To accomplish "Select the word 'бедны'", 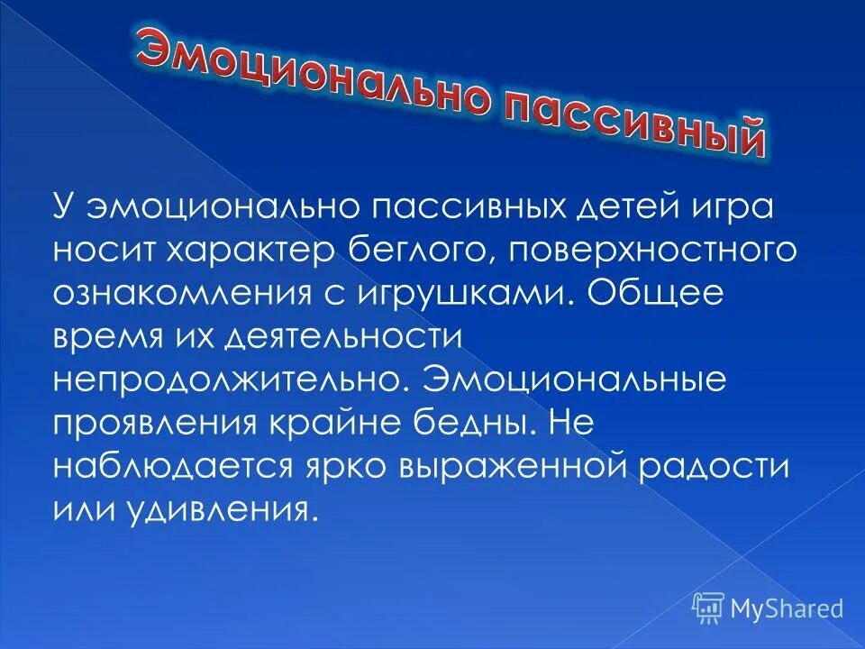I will (492, 423).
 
